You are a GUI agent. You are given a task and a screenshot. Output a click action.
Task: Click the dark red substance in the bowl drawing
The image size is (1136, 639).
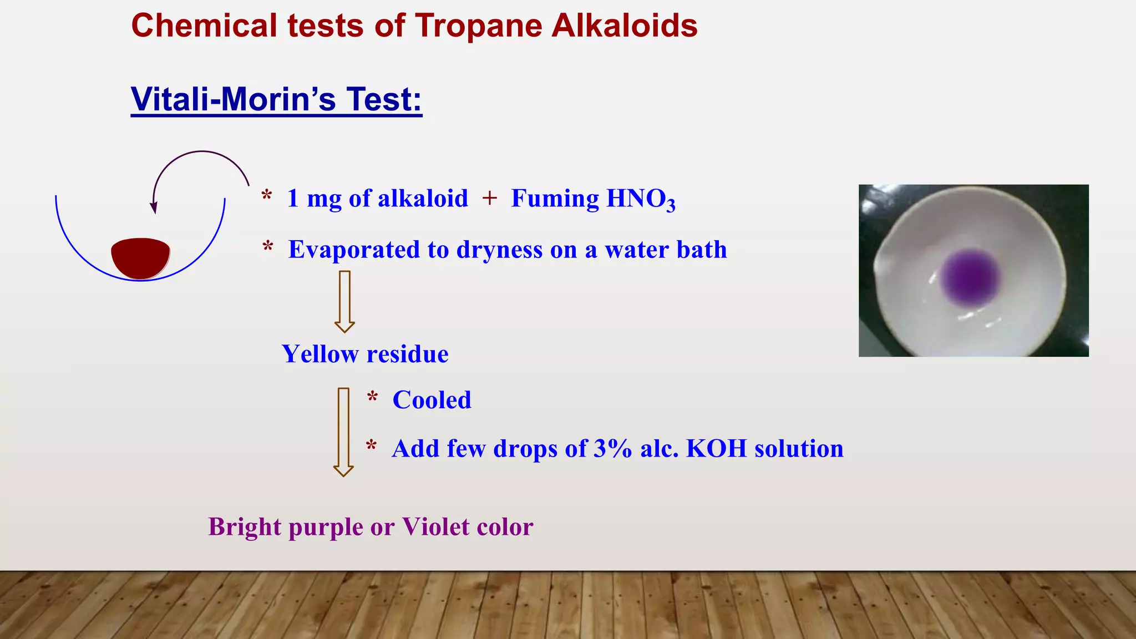point(140,258)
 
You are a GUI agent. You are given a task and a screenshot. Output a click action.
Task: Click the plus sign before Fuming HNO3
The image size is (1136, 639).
point(489,198)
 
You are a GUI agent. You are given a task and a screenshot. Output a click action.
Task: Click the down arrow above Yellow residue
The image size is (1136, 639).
point(344,301)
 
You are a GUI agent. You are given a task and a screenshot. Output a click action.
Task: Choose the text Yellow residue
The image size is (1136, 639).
point(365,354)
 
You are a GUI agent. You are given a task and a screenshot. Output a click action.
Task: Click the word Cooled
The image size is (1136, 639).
point(432,400)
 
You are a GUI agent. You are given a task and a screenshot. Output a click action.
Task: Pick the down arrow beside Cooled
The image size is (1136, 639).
point(343,432)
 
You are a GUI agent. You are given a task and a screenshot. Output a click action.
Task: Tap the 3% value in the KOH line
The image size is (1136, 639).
point(612,449)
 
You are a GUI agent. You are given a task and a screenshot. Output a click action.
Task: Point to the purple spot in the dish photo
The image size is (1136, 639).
point(971,277)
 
